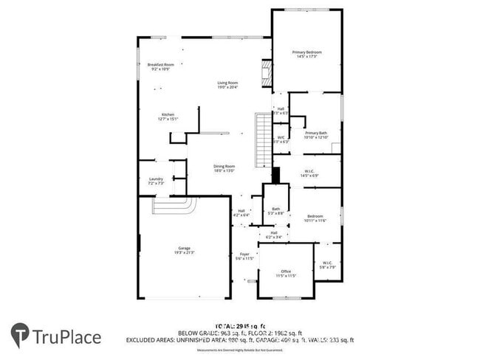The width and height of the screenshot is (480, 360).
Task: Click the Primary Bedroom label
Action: coord(308,55)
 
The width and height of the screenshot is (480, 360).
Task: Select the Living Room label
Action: coord(227,85)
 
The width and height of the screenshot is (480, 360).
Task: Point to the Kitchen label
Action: coord(168,117)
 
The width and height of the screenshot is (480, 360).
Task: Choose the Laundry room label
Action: coord(155,181)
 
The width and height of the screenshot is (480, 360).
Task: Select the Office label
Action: coord(286,274)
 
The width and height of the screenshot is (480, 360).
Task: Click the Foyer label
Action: coord(244,256)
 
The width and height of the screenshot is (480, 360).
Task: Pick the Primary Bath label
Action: coord(316,135)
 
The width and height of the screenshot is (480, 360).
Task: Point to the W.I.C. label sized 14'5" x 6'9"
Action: coord(310,173)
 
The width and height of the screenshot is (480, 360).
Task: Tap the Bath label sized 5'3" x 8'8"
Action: coord(275,211)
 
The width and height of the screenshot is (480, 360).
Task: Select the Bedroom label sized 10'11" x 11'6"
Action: coord(315,218)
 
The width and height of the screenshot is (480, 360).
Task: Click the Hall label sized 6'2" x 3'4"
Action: coord(273,235)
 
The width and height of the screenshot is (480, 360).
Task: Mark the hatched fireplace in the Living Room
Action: coord(267,74)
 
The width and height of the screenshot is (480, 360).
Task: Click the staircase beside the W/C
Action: coord(263,140)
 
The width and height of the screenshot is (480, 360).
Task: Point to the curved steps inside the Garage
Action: coord(174,205)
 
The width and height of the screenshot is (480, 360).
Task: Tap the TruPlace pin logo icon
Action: coord(20,336)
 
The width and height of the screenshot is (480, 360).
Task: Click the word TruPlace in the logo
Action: coord(66,337)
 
